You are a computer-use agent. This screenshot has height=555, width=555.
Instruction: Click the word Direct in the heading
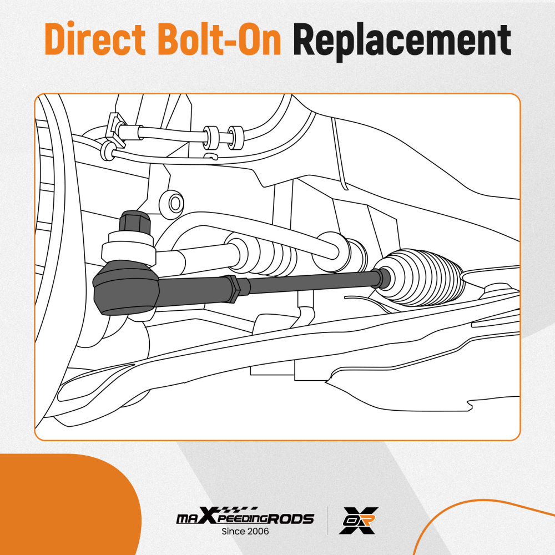point(95,38)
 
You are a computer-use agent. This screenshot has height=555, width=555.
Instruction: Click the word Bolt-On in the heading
point(219,38)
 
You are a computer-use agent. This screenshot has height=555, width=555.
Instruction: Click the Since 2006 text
point(245,531)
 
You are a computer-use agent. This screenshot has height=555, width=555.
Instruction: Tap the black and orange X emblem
point(359,520)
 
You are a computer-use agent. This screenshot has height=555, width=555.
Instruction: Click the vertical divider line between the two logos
point(327,521)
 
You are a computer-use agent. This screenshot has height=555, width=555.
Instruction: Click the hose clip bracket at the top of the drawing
point(116,129)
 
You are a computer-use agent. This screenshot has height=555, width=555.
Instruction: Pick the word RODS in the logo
point(290,519)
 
